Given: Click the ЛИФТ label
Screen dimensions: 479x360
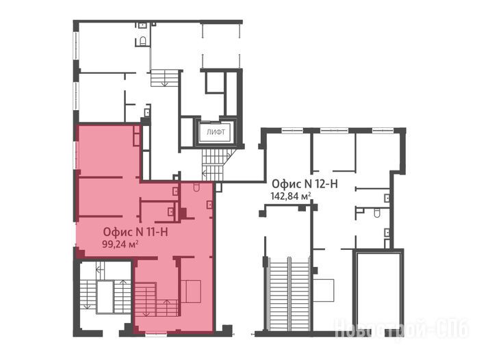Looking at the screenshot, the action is [216, 132].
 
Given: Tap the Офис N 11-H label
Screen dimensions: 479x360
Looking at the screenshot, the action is [135, 232].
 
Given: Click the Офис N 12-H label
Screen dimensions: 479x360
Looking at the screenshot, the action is [305, 184].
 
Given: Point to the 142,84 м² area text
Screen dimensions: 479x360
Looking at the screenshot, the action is [291, 196].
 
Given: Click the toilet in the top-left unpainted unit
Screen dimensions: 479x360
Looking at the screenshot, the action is [142, 40].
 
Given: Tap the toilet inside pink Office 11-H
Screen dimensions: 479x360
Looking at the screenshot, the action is [196, 187].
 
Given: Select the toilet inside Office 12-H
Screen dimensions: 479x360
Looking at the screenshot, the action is [377, 213].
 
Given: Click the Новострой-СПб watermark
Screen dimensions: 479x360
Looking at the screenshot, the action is [402, 329].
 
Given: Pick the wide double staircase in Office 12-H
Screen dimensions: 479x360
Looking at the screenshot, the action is [289, 294].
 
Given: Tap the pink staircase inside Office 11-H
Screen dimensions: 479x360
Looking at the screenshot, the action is [157, 300].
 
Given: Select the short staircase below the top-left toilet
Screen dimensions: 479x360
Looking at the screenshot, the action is [164, 78].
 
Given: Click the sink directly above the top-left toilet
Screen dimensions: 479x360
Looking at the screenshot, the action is [143, 25].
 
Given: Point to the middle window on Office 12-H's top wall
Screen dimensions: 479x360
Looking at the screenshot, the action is [334, 131].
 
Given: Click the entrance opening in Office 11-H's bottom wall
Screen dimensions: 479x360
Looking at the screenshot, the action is [156, 335].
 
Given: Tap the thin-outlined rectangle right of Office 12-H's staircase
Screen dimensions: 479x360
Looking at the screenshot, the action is [324, 291].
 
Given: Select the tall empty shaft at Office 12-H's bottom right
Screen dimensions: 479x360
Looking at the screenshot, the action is [378, 291].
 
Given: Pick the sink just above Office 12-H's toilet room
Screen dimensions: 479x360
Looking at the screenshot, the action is [387, 198].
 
